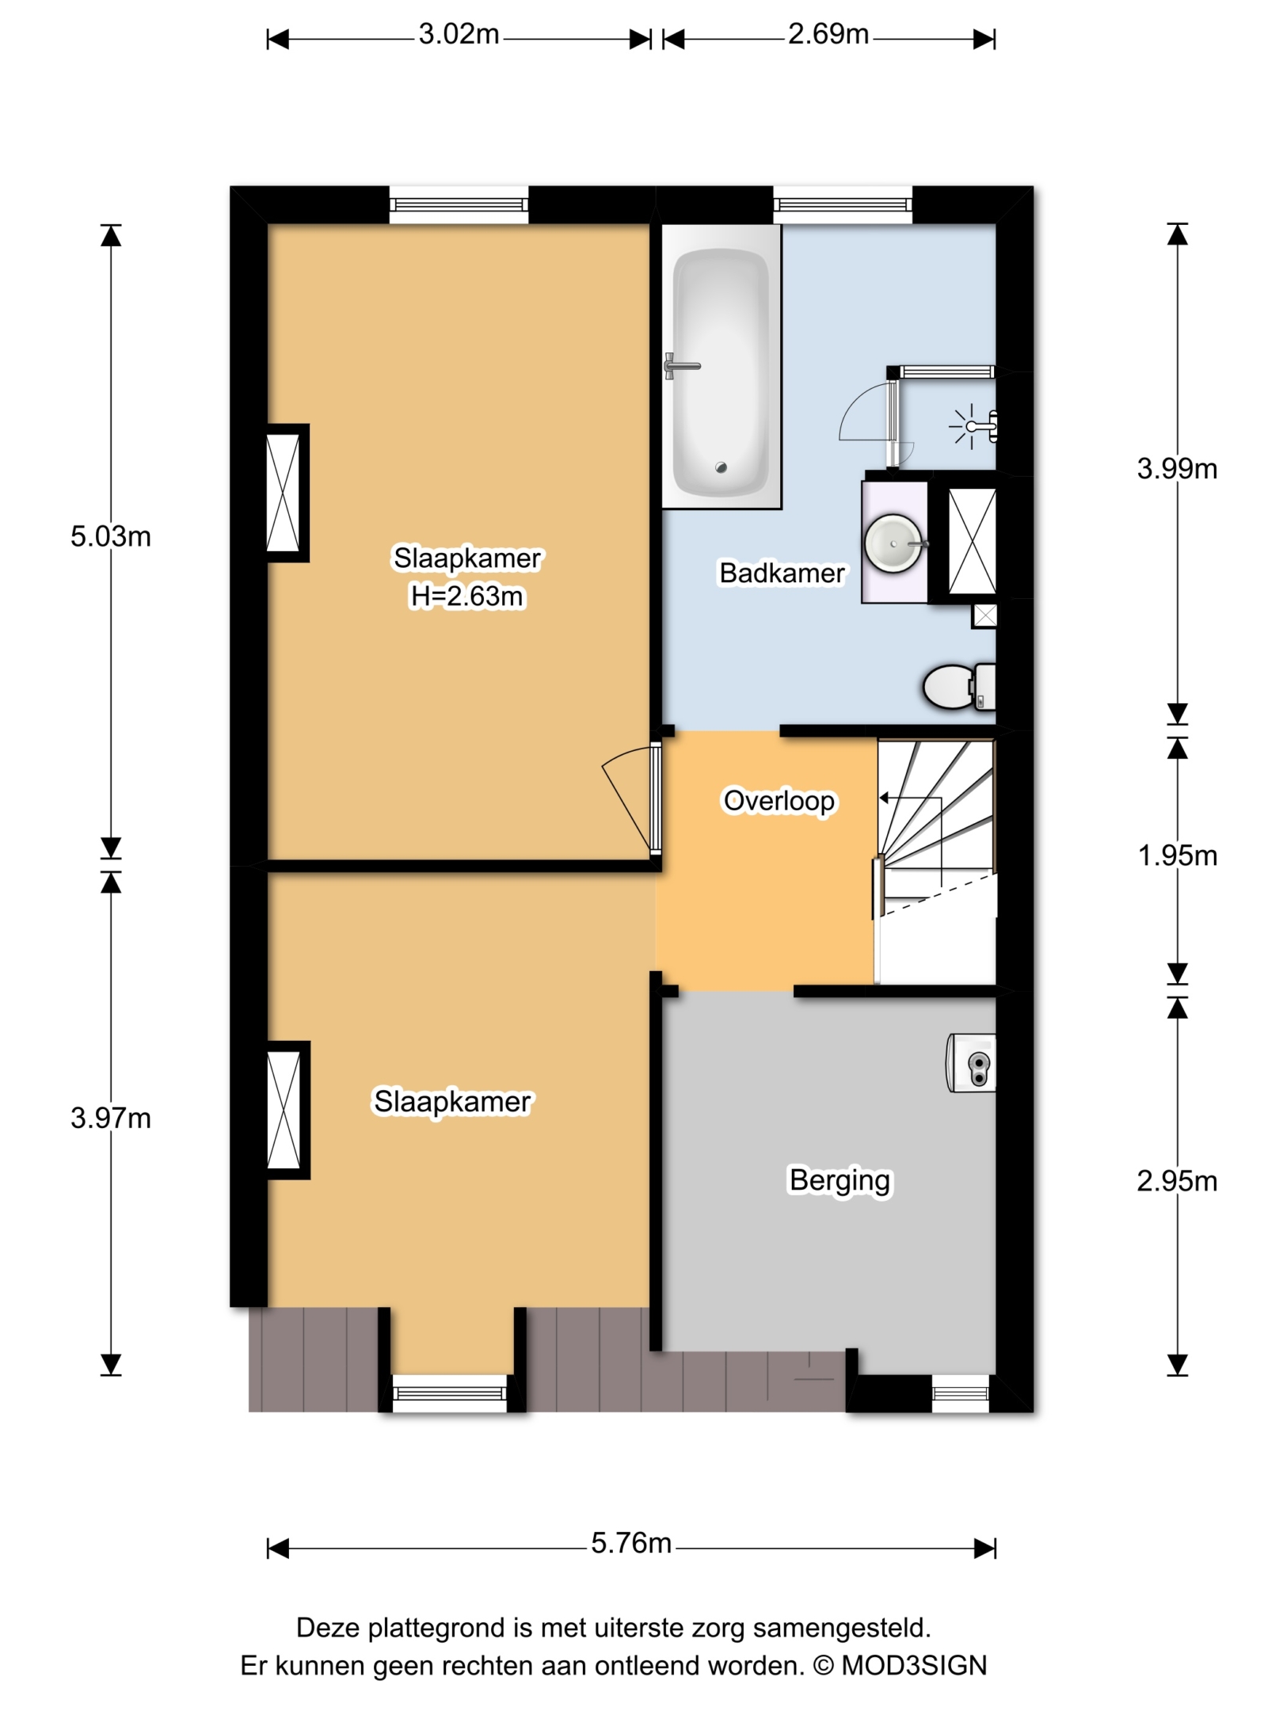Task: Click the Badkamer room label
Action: (x=782, y=573)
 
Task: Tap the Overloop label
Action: (x=779, y=801)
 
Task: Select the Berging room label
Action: (x=839, y=1180)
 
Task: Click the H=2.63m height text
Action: (x=467, y=596)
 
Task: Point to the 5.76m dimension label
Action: (x=631, y=1543)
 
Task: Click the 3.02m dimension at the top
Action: (x=459, y=35)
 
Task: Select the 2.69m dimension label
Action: (x=828, y=35)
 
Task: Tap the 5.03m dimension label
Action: (x=110, y=536)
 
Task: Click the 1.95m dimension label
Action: (x=1177, y=855)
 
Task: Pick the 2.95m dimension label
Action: (x=1177, y=1181)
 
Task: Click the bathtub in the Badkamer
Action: (x=721, y=366)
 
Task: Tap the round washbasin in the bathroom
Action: (x=893, y=543)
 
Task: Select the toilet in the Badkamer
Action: (x=959, y=687)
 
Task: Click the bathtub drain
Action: (x=721, y=467)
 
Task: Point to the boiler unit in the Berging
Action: (x=971, y=1062)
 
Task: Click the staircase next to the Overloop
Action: (x=936, y=862)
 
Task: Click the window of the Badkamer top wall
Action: (x=843, y=205)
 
